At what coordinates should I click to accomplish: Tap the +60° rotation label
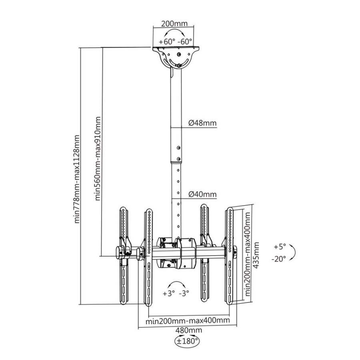(166, 41)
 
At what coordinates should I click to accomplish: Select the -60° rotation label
(185, 41)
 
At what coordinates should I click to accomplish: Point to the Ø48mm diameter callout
(202, 123)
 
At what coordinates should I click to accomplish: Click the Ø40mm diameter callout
(202, 195)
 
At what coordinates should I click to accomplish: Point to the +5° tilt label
(280, 246)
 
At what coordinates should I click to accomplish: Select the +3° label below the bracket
(168, 293)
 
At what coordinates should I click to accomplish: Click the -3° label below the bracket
(184, 293)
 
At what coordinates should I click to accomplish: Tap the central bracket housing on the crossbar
(176, 253)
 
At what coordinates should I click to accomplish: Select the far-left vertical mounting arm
(124, 256)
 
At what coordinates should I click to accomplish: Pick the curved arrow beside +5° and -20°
(293, 252)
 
